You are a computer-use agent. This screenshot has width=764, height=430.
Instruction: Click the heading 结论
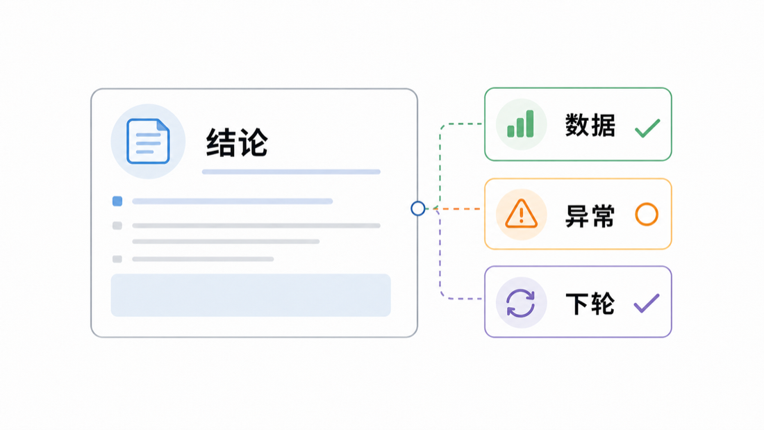pos(237,142)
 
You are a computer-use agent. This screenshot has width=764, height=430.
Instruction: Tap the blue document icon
pos(148,141)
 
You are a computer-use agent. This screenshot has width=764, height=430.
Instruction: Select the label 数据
pos(590,125)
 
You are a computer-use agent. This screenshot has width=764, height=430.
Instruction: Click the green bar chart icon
pos(520,124)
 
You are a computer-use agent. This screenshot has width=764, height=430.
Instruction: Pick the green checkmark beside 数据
pos(647,128)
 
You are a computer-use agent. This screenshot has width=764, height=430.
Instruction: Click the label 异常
pos(590,215)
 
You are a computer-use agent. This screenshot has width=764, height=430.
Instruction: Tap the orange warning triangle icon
pos(522,214)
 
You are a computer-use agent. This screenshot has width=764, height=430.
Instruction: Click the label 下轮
pos(590,304)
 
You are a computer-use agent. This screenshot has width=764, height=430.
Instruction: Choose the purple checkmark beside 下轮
pos(647,304)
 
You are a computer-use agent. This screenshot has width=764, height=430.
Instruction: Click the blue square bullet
pos(117,201)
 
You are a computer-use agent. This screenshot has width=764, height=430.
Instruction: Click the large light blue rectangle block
pos(251,295)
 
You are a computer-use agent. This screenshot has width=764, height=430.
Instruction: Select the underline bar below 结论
pos(292,172)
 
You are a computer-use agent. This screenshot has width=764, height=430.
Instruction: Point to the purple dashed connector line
pos(440,263)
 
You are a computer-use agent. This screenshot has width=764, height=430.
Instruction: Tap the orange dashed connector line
pos(453,208)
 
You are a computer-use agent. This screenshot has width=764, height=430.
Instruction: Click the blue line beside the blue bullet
pos(233,201)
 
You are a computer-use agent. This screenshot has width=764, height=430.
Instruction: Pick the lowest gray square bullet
pos(117,259)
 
